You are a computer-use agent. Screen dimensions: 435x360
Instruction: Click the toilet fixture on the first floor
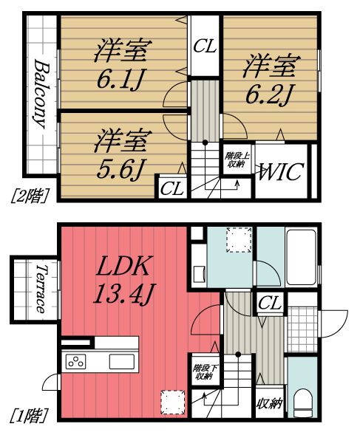[302, 403]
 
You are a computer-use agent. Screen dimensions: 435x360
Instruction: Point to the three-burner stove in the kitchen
[77, 362]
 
